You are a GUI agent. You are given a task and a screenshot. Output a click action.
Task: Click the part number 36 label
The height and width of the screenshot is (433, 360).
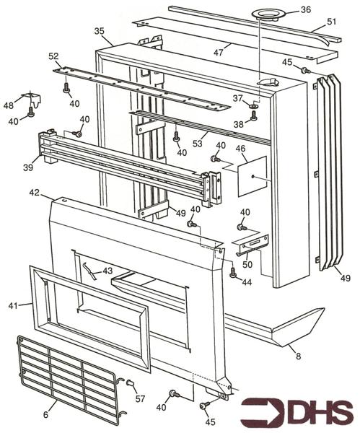pos(306,10)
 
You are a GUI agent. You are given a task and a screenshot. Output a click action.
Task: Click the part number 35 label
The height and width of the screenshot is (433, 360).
pos(100,31)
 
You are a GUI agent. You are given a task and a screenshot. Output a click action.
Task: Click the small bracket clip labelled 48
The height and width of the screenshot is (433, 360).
pos(32,96)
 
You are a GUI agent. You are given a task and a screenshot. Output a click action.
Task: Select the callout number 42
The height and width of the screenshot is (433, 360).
pos(34,193)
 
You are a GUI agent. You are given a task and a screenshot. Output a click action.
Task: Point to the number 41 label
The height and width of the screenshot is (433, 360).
pos(14,306)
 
